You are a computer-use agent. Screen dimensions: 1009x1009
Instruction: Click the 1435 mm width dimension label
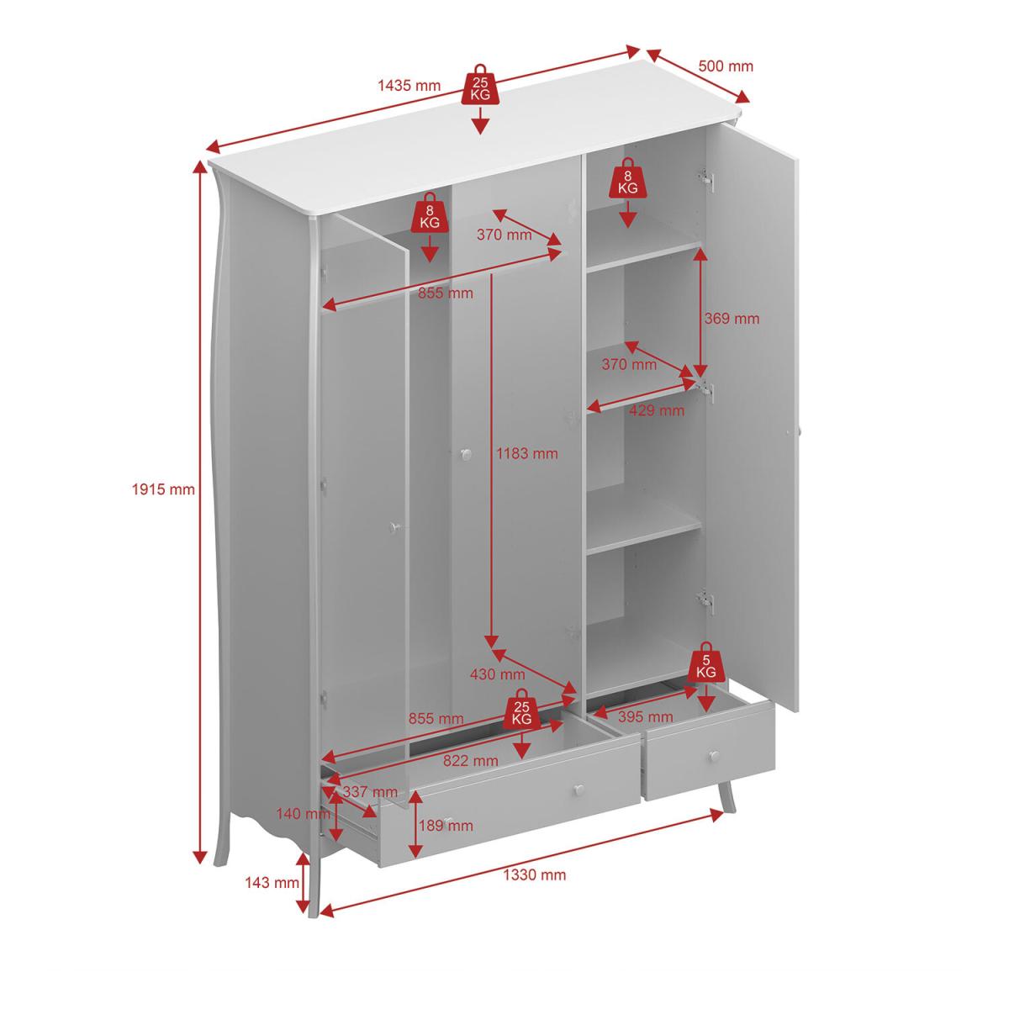coord(409,86)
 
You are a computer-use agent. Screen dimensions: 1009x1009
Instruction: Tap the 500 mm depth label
coord(725,66)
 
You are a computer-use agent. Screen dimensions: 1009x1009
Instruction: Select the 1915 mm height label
coord(163,489)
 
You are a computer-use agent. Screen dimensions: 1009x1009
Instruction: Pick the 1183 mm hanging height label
coord(526,453)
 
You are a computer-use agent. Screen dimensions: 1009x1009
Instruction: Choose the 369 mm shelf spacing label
coord(732,319)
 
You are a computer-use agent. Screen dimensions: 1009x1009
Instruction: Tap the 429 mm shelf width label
coord(657,410)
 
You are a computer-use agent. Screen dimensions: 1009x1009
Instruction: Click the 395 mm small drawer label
coord(645,716)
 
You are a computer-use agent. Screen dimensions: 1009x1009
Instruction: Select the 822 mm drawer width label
coord(470,760)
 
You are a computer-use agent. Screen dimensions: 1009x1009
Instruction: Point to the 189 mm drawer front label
coord(446,825)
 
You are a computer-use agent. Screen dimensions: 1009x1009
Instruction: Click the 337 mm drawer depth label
coord(370,792)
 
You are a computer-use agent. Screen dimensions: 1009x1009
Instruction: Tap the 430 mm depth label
coord(497,674)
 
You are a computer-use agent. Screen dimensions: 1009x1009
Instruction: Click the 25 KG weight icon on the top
coord(480,85)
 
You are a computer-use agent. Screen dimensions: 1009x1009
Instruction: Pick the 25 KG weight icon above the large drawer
coord(521,709)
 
